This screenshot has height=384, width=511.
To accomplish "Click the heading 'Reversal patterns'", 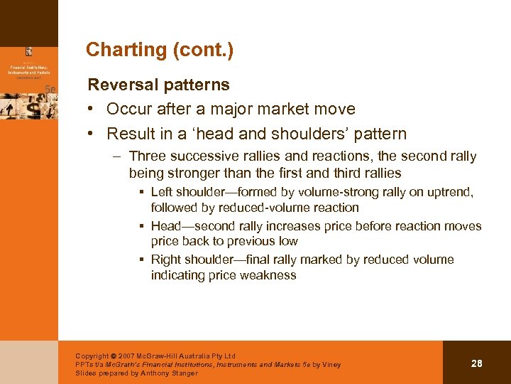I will [x=158, y=85].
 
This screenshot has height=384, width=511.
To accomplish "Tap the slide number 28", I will [x=477, y=363].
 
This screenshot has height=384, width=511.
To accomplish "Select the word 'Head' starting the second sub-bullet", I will [x=166, y=226].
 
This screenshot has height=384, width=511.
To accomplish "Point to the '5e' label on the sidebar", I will [x=50, y=88].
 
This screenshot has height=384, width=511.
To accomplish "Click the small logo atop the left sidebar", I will [x=29, y=51].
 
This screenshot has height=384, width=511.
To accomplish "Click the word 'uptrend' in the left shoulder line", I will [x=450, y=193].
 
